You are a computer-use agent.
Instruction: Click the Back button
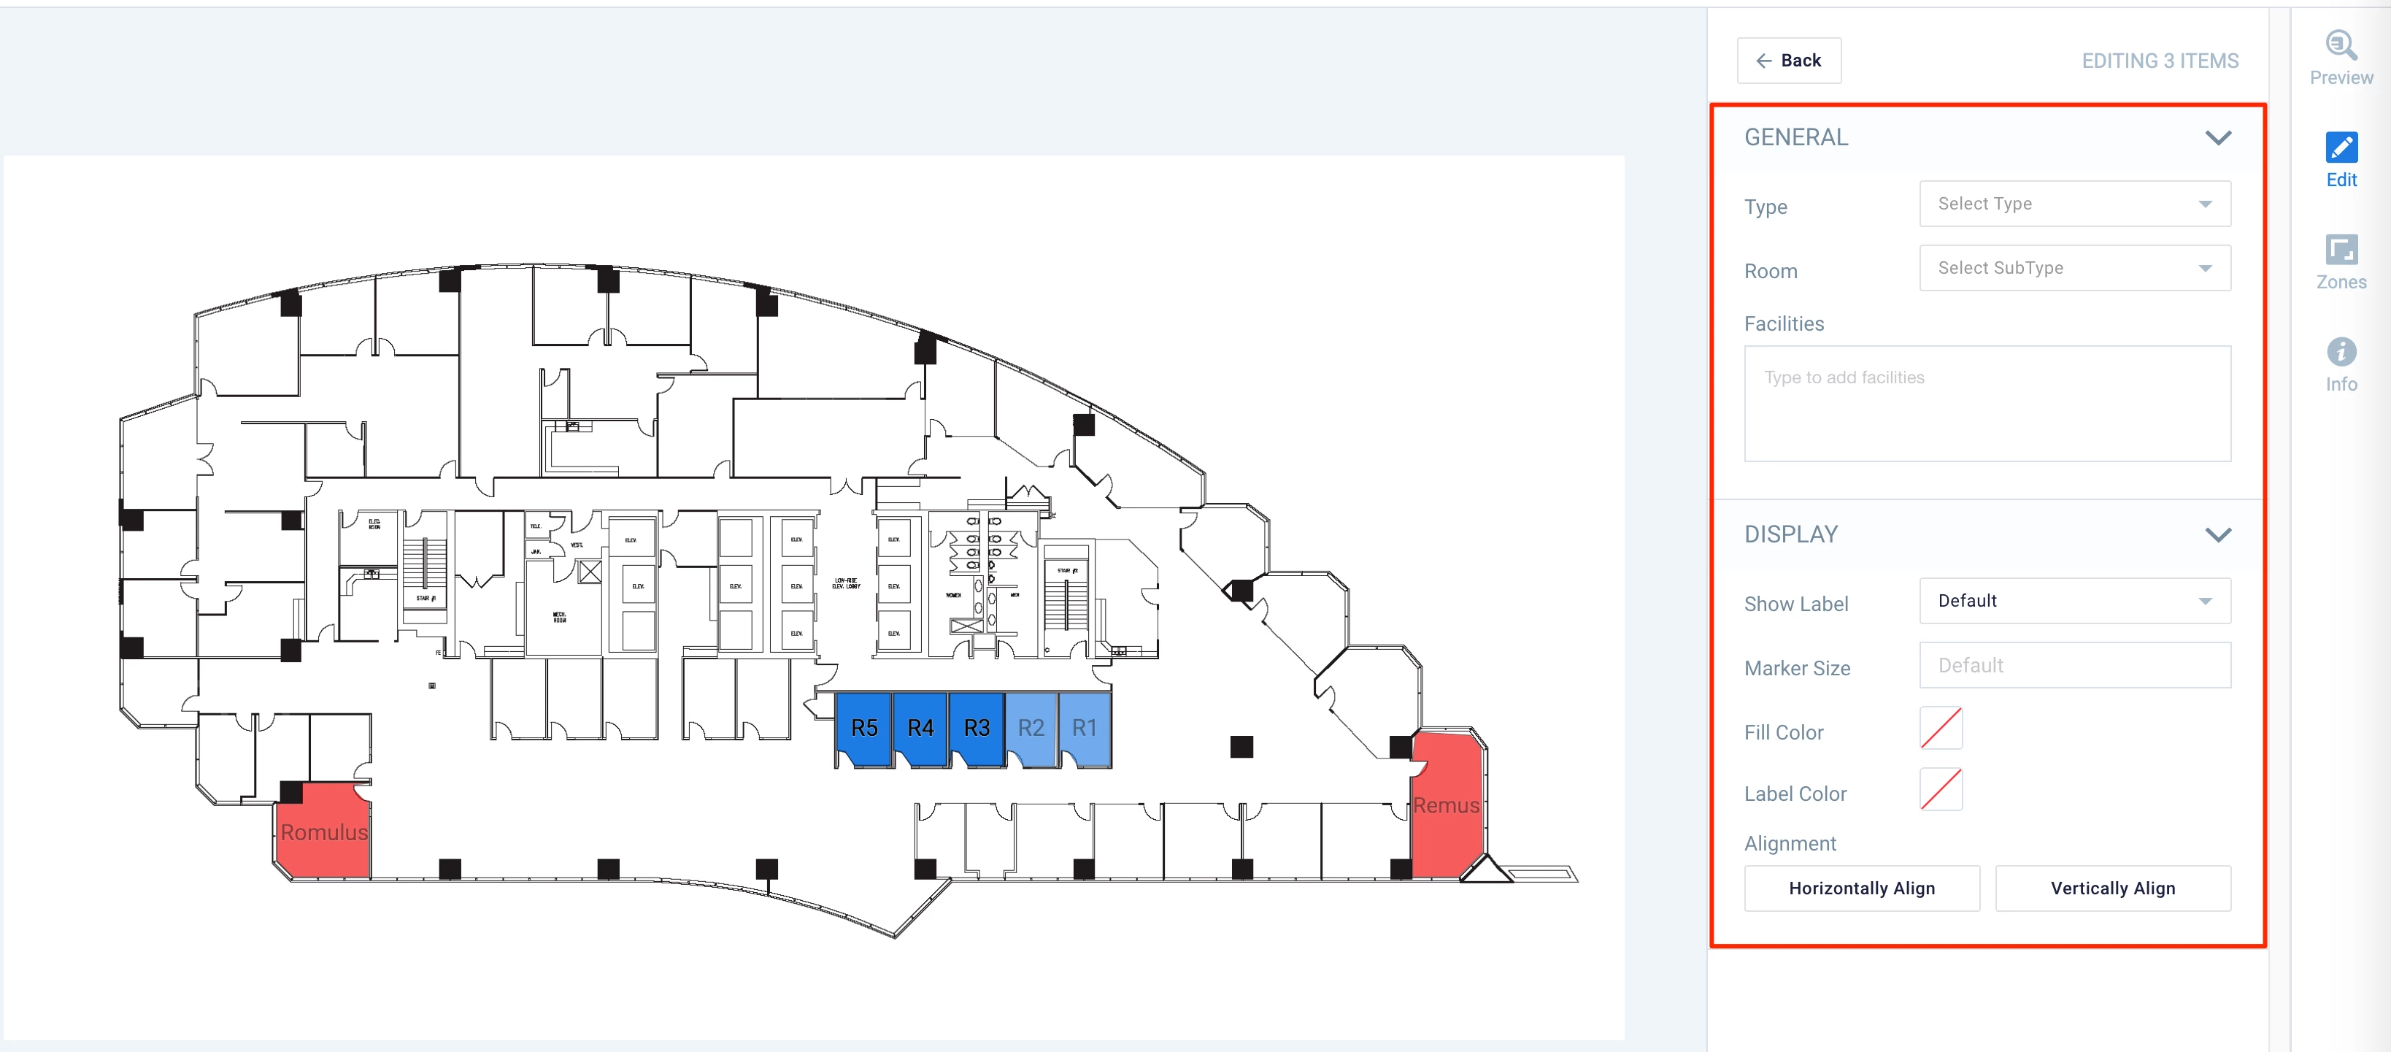click(1789, 61)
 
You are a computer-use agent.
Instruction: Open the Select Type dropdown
click(2074, 204)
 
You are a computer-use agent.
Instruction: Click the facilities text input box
click(1987, 404)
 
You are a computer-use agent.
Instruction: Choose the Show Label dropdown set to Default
click(2074, 602)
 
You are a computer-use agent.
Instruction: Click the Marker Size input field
click(2074, 666)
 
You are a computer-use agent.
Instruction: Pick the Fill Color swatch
click(1940, 729)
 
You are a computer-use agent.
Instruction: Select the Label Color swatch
click(1940, 790)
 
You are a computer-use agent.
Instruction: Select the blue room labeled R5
click(863, 729)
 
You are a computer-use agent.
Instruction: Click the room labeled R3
click(977, 729)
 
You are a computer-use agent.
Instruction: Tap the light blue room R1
click(1084, 729)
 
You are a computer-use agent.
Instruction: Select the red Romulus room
click(325, 832)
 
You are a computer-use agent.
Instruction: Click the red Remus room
click(1446, 806)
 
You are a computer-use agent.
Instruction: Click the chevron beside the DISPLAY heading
click(2217, 535)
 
